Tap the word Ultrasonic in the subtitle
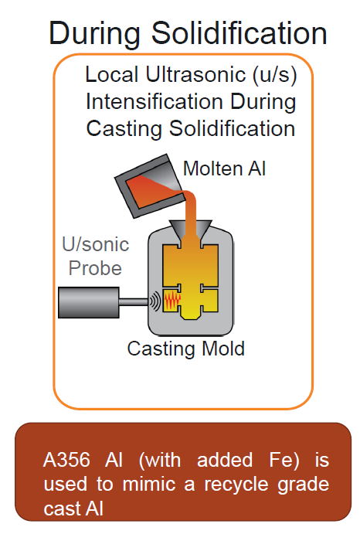coord(192,75)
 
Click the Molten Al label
coord(224,168)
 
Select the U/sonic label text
coord(94,246)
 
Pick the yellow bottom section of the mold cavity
coord(192,313)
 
